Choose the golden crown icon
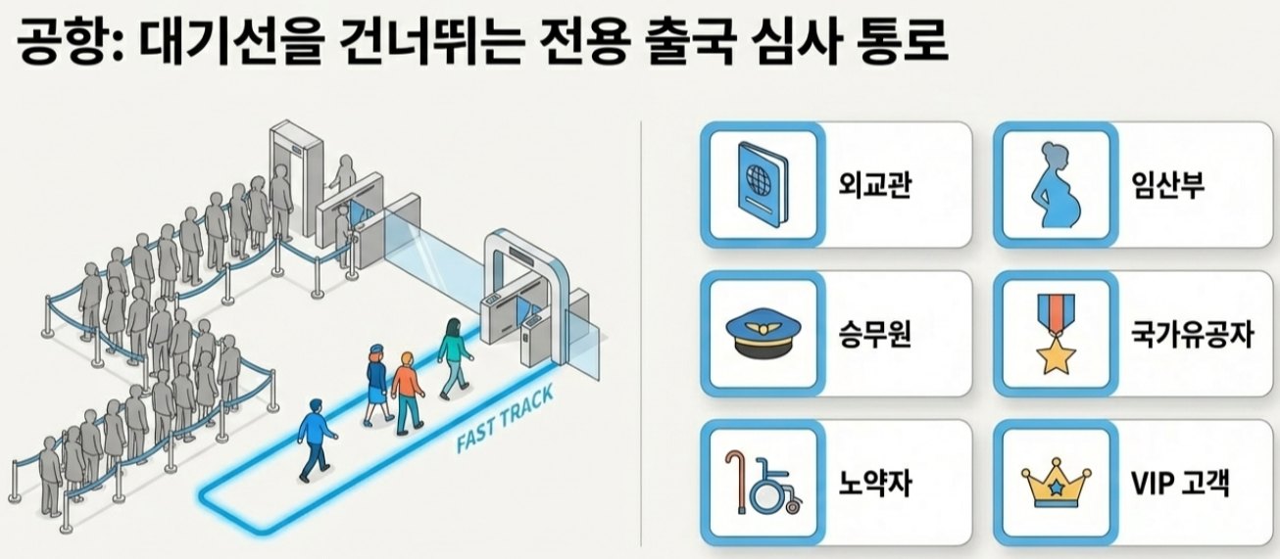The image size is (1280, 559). pyautogui.click(x=1055, y=484)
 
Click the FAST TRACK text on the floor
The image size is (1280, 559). pyautogui.click(x=506, y=419)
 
